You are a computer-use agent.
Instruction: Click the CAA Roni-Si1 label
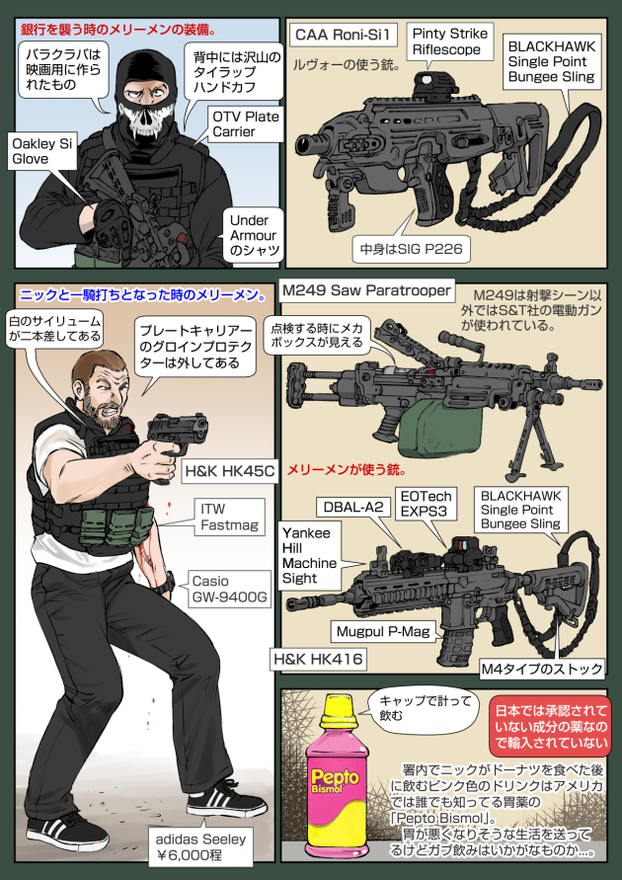[x=346, y=36]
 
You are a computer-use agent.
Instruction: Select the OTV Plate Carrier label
[x=245, y=124]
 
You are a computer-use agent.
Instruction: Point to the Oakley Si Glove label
[x=42, y=151]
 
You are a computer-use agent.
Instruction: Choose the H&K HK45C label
[x=229, y=471]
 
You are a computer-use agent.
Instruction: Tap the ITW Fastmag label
[x=229, y=517]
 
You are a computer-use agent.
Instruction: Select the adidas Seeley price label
[x=200, y=847]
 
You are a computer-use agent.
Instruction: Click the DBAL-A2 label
[x=353, y=508]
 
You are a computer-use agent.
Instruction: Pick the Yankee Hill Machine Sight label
[x=311, y=556]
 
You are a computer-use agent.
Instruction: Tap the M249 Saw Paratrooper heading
[x=366, y=290]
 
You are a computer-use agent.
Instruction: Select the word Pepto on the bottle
[x=335, y=776]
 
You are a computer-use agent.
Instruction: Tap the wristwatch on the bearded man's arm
[x=167, y=586]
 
